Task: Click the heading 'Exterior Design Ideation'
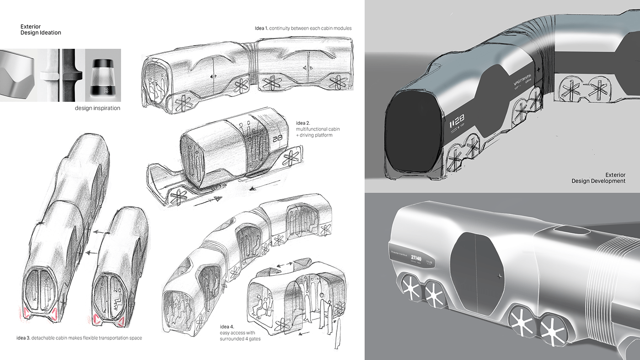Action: point(41,30)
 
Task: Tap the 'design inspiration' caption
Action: point(97,108)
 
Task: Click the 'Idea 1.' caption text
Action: point(303,28)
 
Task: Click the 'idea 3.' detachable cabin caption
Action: point(79,338)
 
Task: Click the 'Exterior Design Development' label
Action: point(598,178)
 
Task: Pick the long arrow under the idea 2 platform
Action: point(208,201)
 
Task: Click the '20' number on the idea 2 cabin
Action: point(277,138)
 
